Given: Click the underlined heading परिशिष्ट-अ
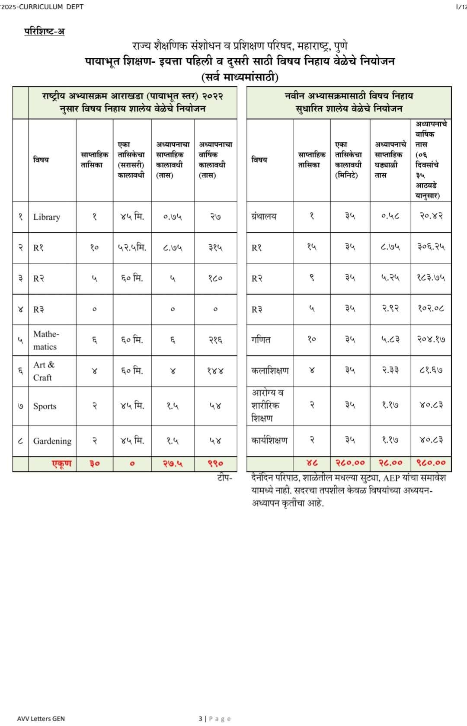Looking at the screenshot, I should point(45,31).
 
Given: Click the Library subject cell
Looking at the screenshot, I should point(47,217).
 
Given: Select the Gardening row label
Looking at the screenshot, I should point(52,441).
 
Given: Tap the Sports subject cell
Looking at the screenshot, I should point(45,406).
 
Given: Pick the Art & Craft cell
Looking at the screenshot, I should point(44,371).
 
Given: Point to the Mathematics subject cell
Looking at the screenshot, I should point(46,340).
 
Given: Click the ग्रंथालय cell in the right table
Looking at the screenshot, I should point(264,216).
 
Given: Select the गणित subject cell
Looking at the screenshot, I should point(261,340).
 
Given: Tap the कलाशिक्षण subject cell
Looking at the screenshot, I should point(270,371).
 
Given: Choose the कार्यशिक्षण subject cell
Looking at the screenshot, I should point(269,440).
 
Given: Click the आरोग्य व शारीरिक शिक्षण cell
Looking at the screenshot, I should point(268,406).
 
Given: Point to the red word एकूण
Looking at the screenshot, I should point(62,464).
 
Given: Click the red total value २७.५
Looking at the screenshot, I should point(173,464).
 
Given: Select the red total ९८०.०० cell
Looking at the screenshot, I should point(431,463).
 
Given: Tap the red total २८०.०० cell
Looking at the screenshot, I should point(350,463).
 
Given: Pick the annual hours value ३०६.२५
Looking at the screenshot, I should point(431,247).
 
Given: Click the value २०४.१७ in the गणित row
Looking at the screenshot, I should point(431,340).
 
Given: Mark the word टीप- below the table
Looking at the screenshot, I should point(224,478).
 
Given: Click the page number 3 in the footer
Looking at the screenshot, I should point(200,719).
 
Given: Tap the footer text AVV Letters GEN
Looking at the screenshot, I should point(41,719).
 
